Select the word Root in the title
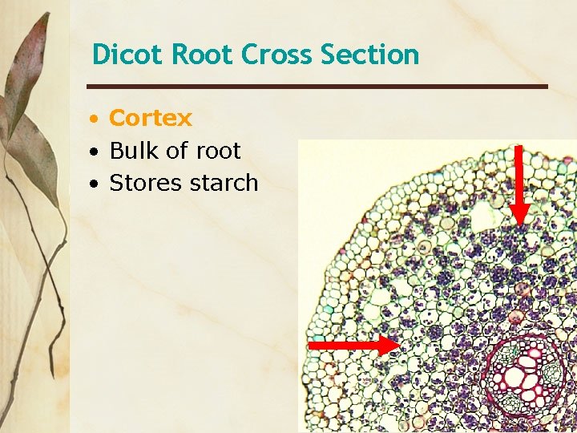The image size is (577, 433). click(204, 55)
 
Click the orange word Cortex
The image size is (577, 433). click(151, 118)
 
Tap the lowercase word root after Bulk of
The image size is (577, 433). click(217, 151)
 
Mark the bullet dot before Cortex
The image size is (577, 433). click(95, 119)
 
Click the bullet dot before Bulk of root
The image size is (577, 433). click(95, 152)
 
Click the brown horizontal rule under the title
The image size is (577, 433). click(317, 87)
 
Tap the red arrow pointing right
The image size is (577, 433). click(353, 345)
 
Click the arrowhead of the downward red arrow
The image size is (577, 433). click(519, 212)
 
